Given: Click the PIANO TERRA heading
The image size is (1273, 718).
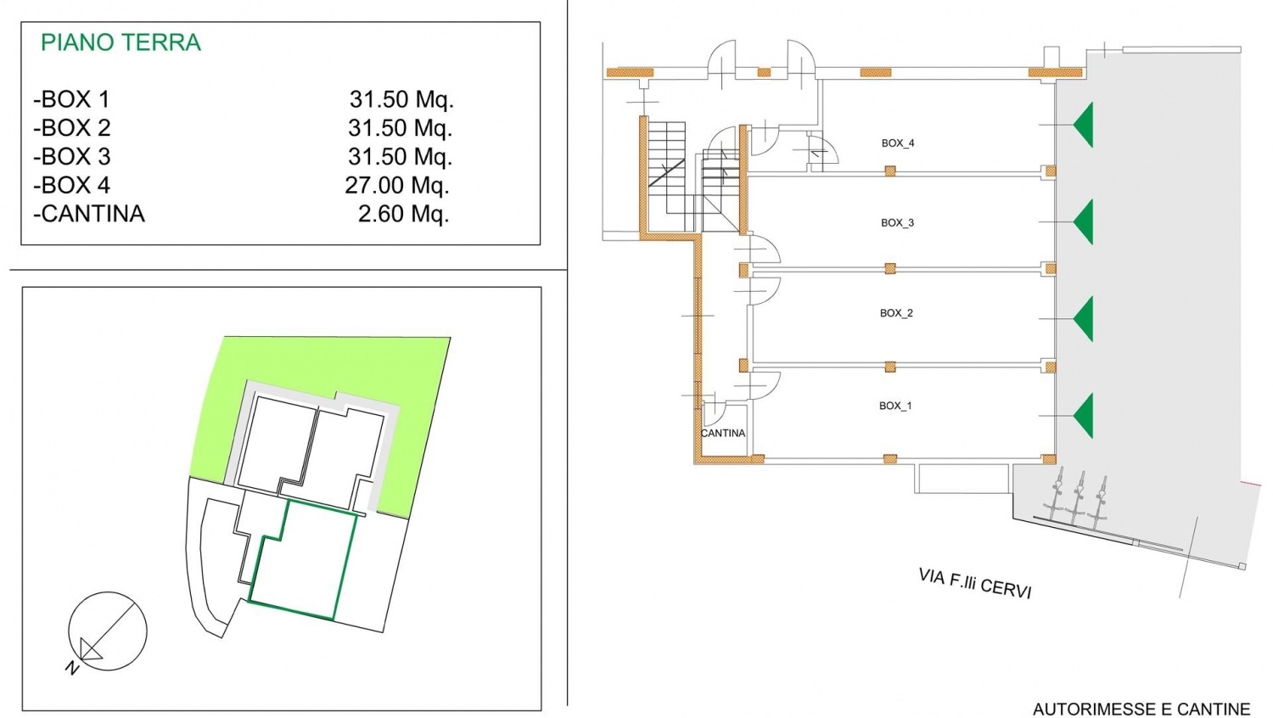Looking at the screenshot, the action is point(121,42).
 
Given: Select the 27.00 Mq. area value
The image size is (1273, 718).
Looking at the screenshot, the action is point(396,185).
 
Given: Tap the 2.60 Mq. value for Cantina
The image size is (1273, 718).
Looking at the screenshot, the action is point(403,214).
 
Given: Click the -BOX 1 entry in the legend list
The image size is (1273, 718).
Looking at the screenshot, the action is point(71,99).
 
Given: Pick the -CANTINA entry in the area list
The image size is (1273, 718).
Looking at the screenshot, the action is point(88,214).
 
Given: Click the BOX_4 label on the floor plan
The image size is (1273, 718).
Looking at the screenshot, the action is point(898,143).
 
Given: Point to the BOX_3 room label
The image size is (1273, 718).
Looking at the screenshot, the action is point(897,223).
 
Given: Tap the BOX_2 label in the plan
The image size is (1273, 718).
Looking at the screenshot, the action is point(896,313).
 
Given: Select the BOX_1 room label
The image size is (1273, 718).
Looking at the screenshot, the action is point(895,406).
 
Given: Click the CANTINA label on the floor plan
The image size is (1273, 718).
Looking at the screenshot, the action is point(723,433).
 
